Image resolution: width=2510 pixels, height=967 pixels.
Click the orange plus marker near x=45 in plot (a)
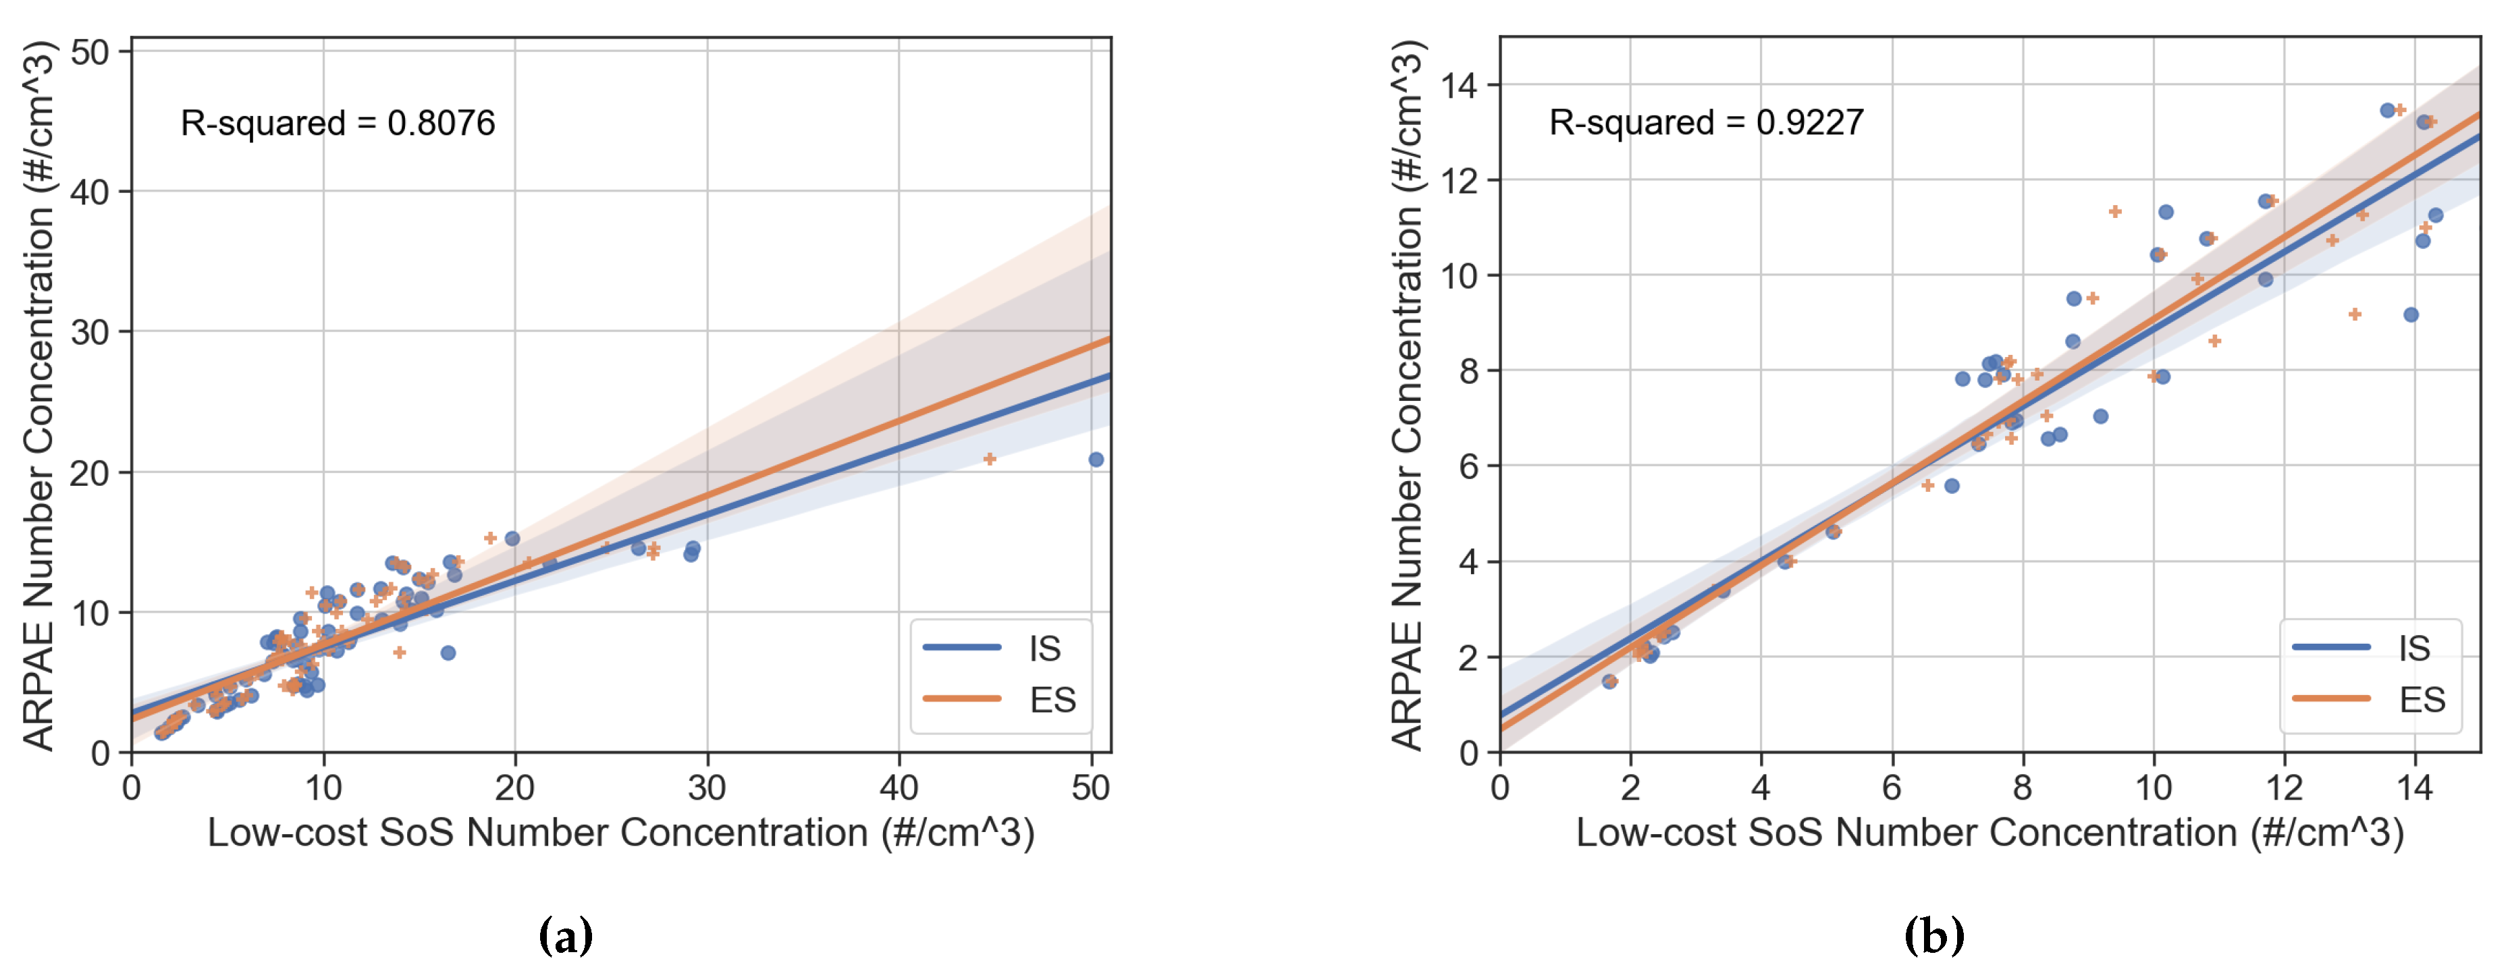pos(989,459)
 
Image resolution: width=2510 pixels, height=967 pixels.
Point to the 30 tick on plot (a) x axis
pos(706,787)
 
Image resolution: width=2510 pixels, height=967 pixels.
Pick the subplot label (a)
pos(565,936)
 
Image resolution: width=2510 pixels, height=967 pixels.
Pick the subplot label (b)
pos(1933,936)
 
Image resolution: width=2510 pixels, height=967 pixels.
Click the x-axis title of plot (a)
pos(620,833)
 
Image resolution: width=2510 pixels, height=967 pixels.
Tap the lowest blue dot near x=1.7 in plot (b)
pos(1609,682)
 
